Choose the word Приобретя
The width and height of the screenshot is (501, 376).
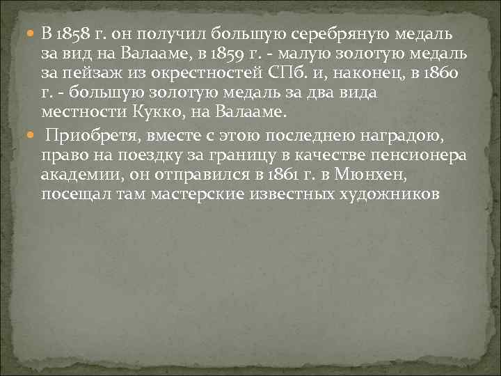click(x=91, y=134)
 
